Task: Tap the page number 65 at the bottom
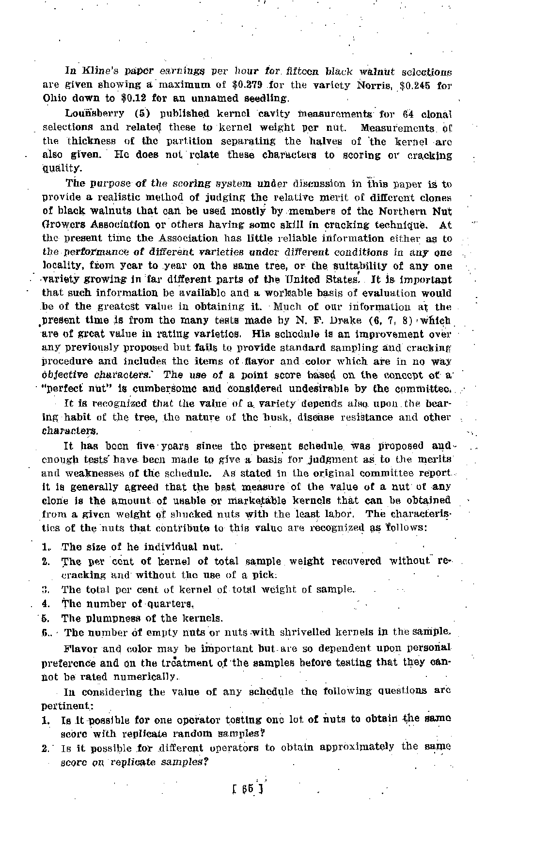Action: point(248,788)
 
